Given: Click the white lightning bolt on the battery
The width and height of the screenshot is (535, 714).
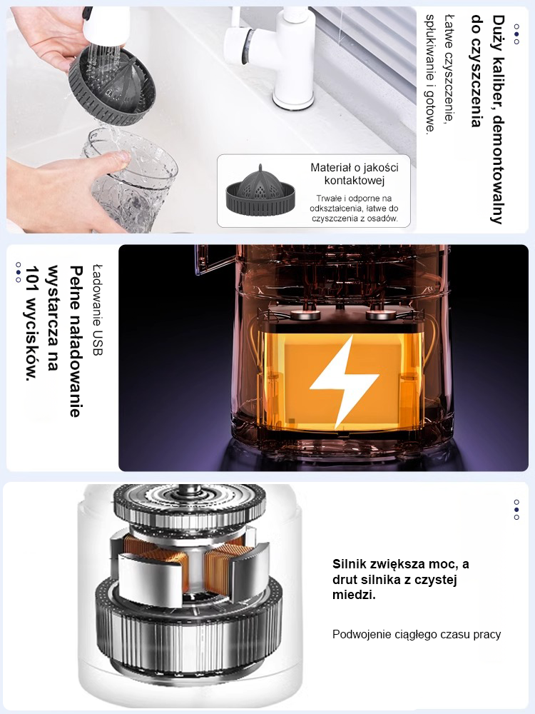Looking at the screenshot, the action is [x=344, y=381].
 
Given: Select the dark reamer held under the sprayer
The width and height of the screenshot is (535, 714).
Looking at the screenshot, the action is [x=112, y=86].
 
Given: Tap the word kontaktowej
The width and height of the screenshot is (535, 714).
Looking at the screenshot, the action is [x=355, y=181].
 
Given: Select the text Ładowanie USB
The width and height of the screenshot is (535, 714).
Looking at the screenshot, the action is [x=97, y=310].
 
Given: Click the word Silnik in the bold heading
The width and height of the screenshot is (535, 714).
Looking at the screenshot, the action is [x=350, y=564].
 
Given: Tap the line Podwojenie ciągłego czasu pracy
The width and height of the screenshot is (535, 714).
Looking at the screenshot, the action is [x=417, y=634].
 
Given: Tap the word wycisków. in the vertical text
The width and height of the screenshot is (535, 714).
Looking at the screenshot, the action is [x=32, y=347].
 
